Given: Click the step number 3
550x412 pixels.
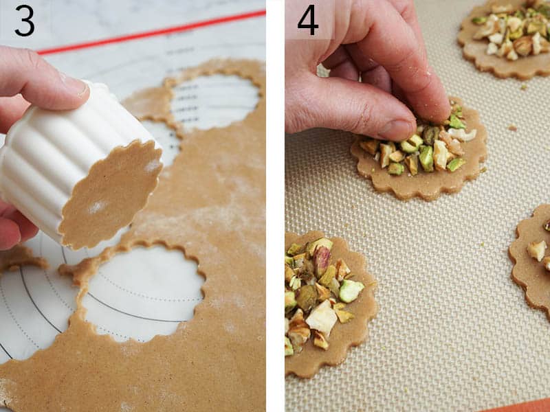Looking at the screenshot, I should click(x=24, y=21).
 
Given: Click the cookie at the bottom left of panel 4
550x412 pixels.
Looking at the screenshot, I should click(x=323, y=302).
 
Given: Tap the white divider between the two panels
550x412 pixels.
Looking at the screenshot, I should click(x=275, y=206).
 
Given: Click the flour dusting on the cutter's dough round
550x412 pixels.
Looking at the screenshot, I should click(x=96, y=206).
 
